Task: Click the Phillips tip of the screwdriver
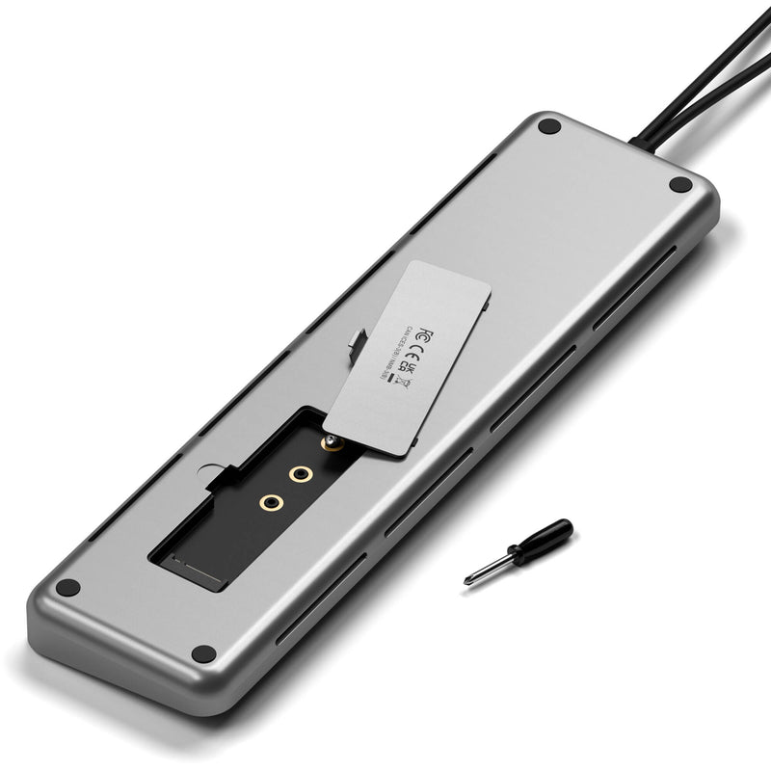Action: (x=469, y=578)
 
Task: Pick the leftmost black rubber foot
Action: (x=67, y=586)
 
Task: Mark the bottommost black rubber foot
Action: (x=203, y=653)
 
